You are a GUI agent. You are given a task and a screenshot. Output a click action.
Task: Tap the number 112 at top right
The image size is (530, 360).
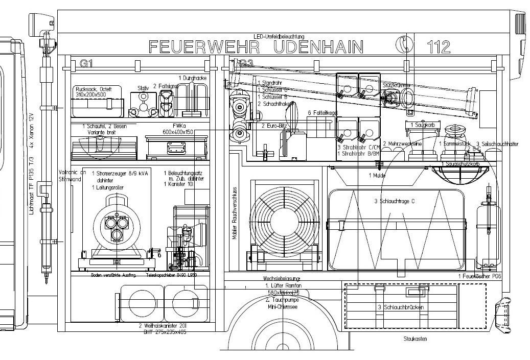(x=439, y=47)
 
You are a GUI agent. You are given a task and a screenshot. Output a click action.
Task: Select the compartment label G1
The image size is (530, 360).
(x=85, y=64)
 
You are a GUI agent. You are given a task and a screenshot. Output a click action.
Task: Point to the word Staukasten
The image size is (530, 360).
(x=414, y=338)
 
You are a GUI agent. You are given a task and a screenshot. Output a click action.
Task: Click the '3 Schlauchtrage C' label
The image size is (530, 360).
(x=394, y=201)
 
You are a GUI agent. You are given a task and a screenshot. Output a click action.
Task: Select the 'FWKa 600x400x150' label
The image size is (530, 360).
(x=175, y=128)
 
